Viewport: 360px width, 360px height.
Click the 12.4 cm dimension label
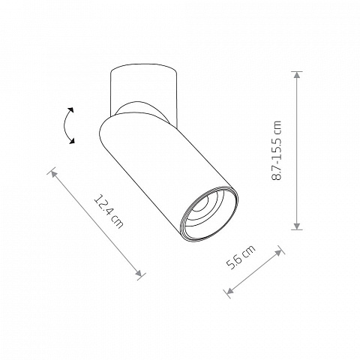tap(109, 211)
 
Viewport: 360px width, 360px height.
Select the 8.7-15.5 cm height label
tap(277, 150)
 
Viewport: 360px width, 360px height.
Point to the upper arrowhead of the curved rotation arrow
tap(70, 110)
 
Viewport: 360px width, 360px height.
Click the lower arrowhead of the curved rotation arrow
tap(72, 141)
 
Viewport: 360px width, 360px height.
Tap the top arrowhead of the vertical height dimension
tap(297, 75)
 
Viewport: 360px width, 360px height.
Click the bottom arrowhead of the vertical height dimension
tap(297, 226)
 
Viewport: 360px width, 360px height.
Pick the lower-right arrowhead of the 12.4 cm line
tap(139, 273)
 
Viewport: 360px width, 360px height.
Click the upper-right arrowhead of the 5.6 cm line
tap(278, 252)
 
